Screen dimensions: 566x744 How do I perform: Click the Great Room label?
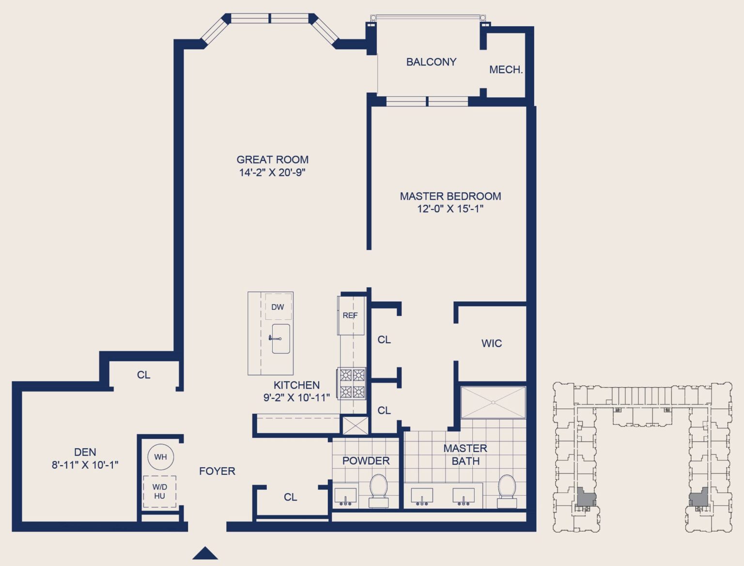(272, 159)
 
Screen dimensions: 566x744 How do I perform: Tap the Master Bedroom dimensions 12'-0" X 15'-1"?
(450, 209)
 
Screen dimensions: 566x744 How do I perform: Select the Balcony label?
(431, 62)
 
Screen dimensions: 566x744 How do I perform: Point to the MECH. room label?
(506, 70)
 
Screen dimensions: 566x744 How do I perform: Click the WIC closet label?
(491, 344)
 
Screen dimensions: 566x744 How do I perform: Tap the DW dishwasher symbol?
(278, 307)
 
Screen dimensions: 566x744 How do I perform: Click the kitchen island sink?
(280, 339)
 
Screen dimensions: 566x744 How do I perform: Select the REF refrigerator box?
(351, 315)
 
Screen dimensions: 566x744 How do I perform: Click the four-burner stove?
(352, 383)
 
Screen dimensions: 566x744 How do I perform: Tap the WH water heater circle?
(160, 457)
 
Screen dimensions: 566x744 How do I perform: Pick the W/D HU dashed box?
(159, 491)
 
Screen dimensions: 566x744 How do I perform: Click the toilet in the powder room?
(378, 489)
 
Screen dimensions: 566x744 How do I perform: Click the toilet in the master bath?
(507, 490)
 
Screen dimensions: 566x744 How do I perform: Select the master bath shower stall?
(493, 402)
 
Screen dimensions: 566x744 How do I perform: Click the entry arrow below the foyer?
(205, 553)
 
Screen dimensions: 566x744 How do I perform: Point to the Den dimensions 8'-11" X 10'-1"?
(85, 465)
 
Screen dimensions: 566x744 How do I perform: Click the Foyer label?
(217, 471)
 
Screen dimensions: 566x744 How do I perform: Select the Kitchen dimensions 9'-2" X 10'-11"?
(296, 398)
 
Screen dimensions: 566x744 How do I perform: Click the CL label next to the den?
(143, 375)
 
